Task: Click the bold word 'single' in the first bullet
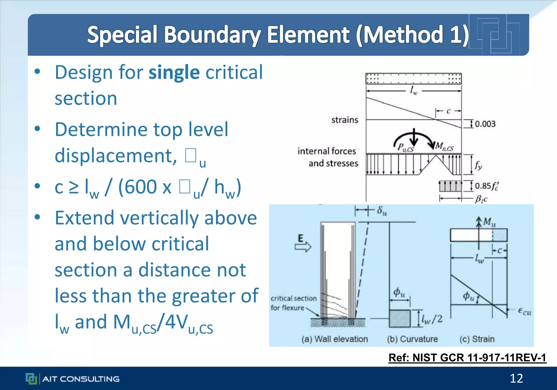click(x=174, y=73)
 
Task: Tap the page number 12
click(x=516, y=378)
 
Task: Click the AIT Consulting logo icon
click(x=31, y=379)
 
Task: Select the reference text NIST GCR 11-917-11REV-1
click(x=467, y=358)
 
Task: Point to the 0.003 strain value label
click(x=485, y=124)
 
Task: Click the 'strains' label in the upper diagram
click(x=345, y=120)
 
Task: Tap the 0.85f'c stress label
click(x=487, y=186)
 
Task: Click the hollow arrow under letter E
click(x=303, y=247)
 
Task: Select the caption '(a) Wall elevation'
click(x=335, y=339)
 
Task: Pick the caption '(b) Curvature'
click(x=412, y=339)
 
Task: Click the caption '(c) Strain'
click(x=477, y=339)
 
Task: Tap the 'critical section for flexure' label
click(x=293, y=303)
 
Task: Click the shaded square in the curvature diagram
click(x=400, y=318)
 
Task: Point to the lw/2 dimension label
click(x=432, y=318)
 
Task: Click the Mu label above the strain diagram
click(x=489, y=222)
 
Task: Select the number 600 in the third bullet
click(x=138, y=187)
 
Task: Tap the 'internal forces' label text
click(x=327, y=151)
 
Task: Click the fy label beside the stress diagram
click(x=478, y=165)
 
